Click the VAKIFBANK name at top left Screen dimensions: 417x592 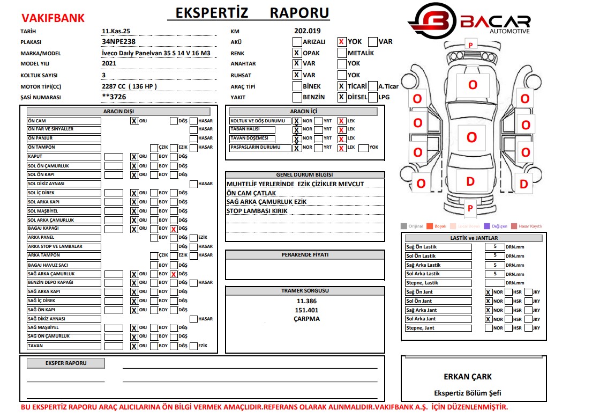point(52,18)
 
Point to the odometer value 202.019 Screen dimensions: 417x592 point(307,31)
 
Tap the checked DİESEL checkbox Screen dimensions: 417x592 point(341,97)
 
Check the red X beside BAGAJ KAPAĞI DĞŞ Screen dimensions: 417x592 point(174,229)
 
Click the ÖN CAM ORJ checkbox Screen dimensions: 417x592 point(134,121)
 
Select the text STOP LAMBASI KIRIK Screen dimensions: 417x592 point(257,211)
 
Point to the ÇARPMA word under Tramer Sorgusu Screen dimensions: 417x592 point(306,319)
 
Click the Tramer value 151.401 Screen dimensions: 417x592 point(306,310)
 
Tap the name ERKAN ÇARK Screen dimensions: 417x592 point(467,377)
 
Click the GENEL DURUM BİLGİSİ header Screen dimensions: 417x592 point(304,175)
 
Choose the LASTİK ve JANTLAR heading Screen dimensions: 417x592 point(474,238)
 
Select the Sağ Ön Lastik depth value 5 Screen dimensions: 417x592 point(495,247)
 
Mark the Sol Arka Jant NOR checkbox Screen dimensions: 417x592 point(488,319)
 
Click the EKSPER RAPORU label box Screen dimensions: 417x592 point(65,363)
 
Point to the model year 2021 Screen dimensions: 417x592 point(109,63)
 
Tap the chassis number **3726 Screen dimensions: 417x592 point(114,97)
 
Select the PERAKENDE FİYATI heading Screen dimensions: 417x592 point(305,254)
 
